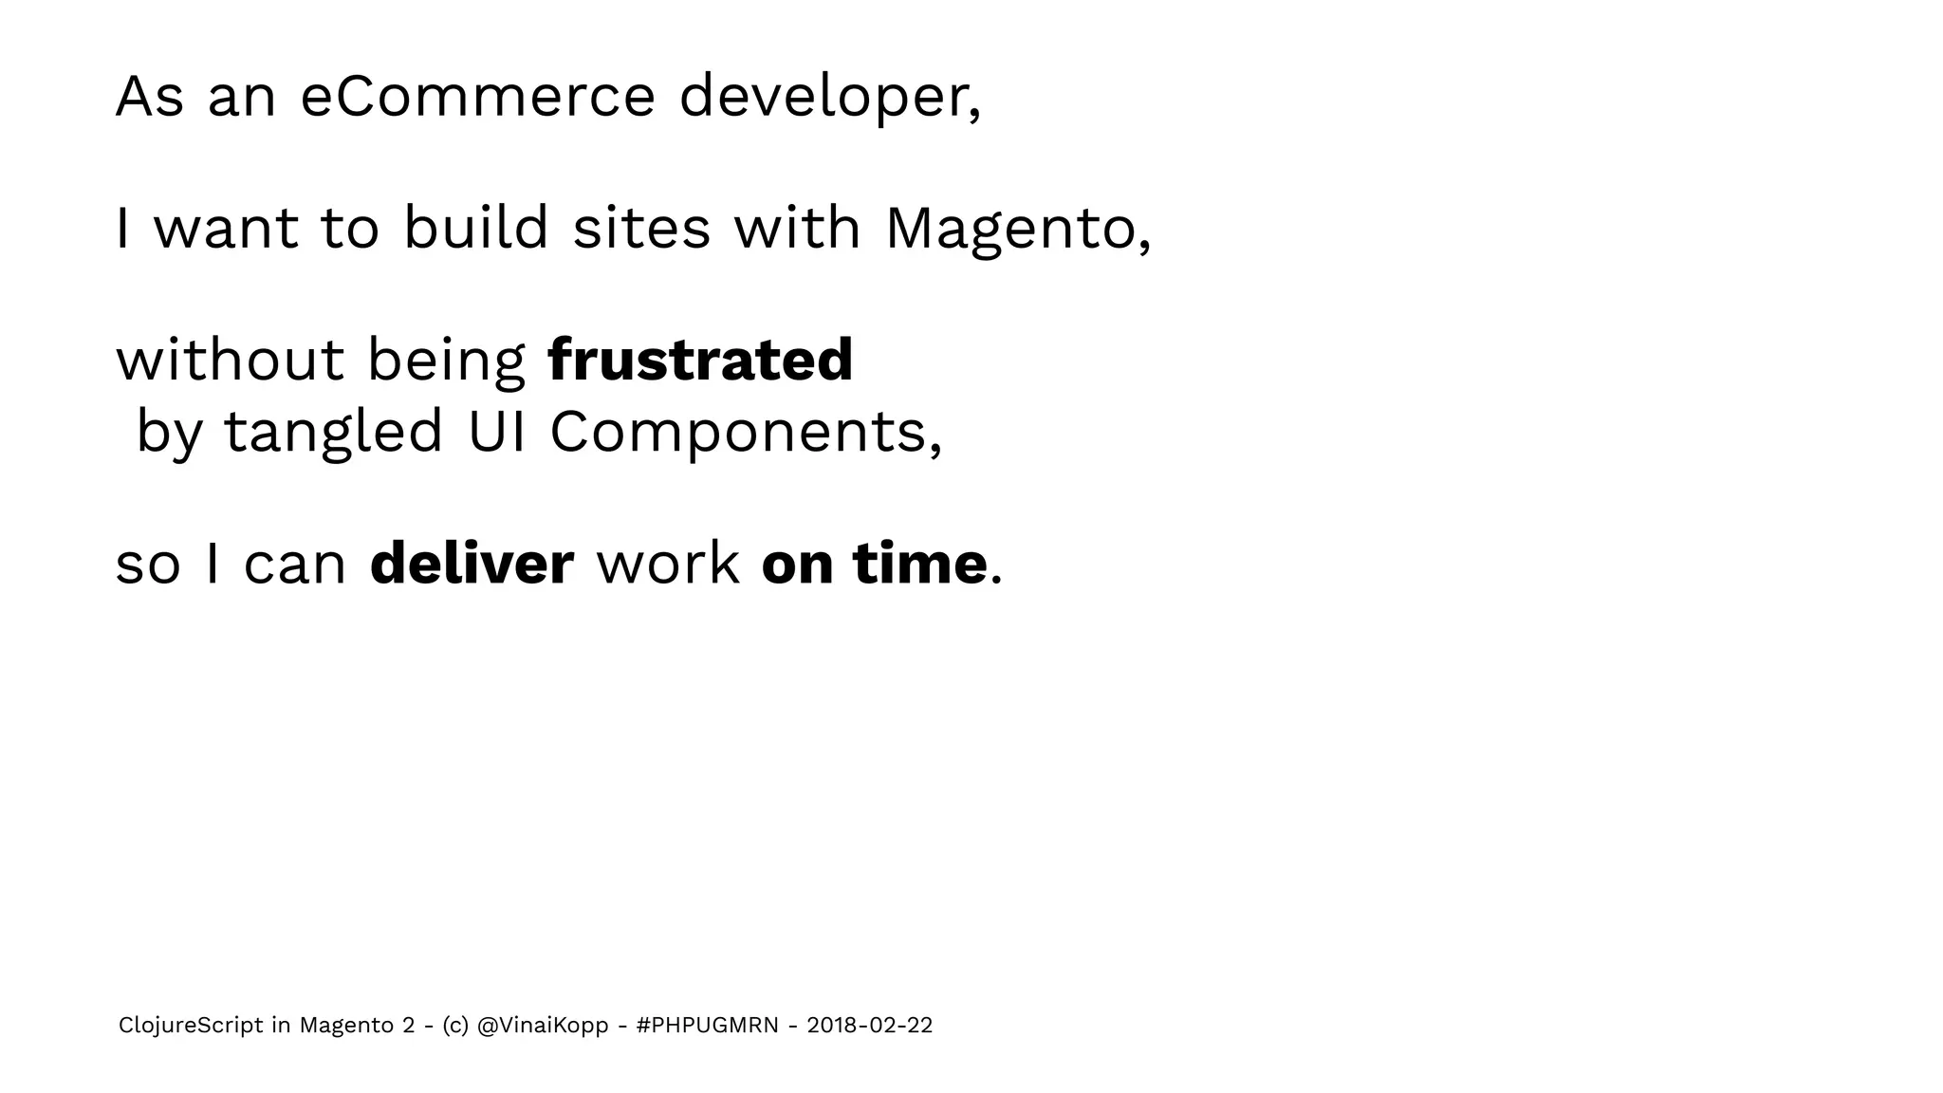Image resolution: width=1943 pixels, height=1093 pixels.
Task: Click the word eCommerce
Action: tap(477, 97)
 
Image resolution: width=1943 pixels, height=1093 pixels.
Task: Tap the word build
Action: tap(476, 229)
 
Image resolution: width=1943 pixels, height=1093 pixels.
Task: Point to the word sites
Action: tap(641, 229)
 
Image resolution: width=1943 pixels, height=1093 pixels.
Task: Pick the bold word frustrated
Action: tap(700, 361)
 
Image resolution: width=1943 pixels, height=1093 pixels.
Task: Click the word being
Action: tap(446, 362)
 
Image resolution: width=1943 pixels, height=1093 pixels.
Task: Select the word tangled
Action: tap(333, 432)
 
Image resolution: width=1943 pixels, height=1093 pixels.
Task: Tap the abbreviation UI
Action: tap(497, 432)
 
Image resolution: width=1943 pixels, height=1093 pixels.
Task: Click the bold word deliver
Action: tap(472, 564)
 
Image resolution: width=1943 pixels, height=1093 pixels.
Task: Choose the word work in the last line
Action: tap(668, 564)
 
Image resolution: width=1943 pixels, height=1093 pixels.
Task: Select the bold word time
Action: tap(920, 564)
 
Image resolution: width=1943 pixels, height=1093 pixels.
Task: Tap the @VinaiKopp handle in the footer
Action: tap(543, 1026)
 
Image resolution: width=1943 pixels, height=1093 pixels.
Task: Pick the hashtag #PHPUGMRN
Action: tap(708, 1026)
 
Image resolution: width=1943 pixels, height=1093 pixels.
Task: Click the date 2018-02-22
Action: tap(869, 1026)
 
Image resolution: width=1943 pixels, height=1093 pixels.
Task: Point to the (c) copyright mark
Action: tap(454, 1026)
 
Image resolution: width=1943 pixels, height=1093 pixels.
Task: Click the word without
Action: tap(230, 361)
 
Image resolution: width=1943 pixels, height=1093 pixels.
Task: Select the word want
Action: tap(226, 229)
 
